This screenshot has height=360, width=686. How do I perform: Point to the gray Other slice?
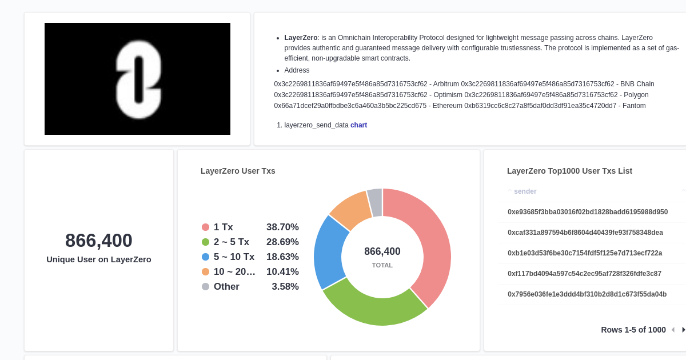click(x=375, y=202)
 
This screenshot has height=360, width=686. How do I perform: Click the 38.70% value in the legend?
click(x=282, y=227)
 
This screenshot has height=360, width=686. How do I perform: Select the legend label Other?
click(x=226, y=286)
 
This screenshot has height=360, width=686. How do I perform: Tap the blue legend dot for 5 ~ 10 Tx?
click(x=206, y=257)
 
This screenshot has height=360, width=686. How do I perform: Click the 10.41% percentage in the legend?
click(x=282, y=271)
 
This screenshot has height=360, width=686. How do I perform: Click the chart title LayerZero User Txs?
click(x=238, y=171)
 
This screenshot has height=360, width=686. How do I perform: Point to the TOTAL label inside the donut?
click(x=382, y=265)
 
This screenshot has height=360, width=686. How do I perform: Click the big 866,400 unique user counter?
click(x=99, y=241)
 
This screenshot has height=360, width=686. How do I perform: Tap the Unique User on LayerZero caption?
click(x=99, y=259)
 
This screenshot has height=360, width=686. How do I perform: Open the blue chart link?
click(x=358, y=125)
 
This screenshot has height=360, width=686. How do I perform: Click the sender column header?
click(x=525, y=191)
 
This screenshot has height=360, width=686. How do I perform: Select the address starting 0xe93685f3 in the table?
click(x=588, y=212)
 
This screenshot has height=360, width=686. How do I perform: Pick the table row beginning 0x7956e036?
click(x=587, y=294)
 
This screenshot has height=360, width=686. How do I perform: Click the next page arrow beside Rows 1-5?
click(x=683, y=330)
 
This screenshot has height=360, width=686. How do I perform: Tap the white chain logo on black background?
click(x=138, y=79)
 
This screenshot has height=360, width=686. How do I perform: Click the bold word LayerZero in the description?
click(x=301, y=38)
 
